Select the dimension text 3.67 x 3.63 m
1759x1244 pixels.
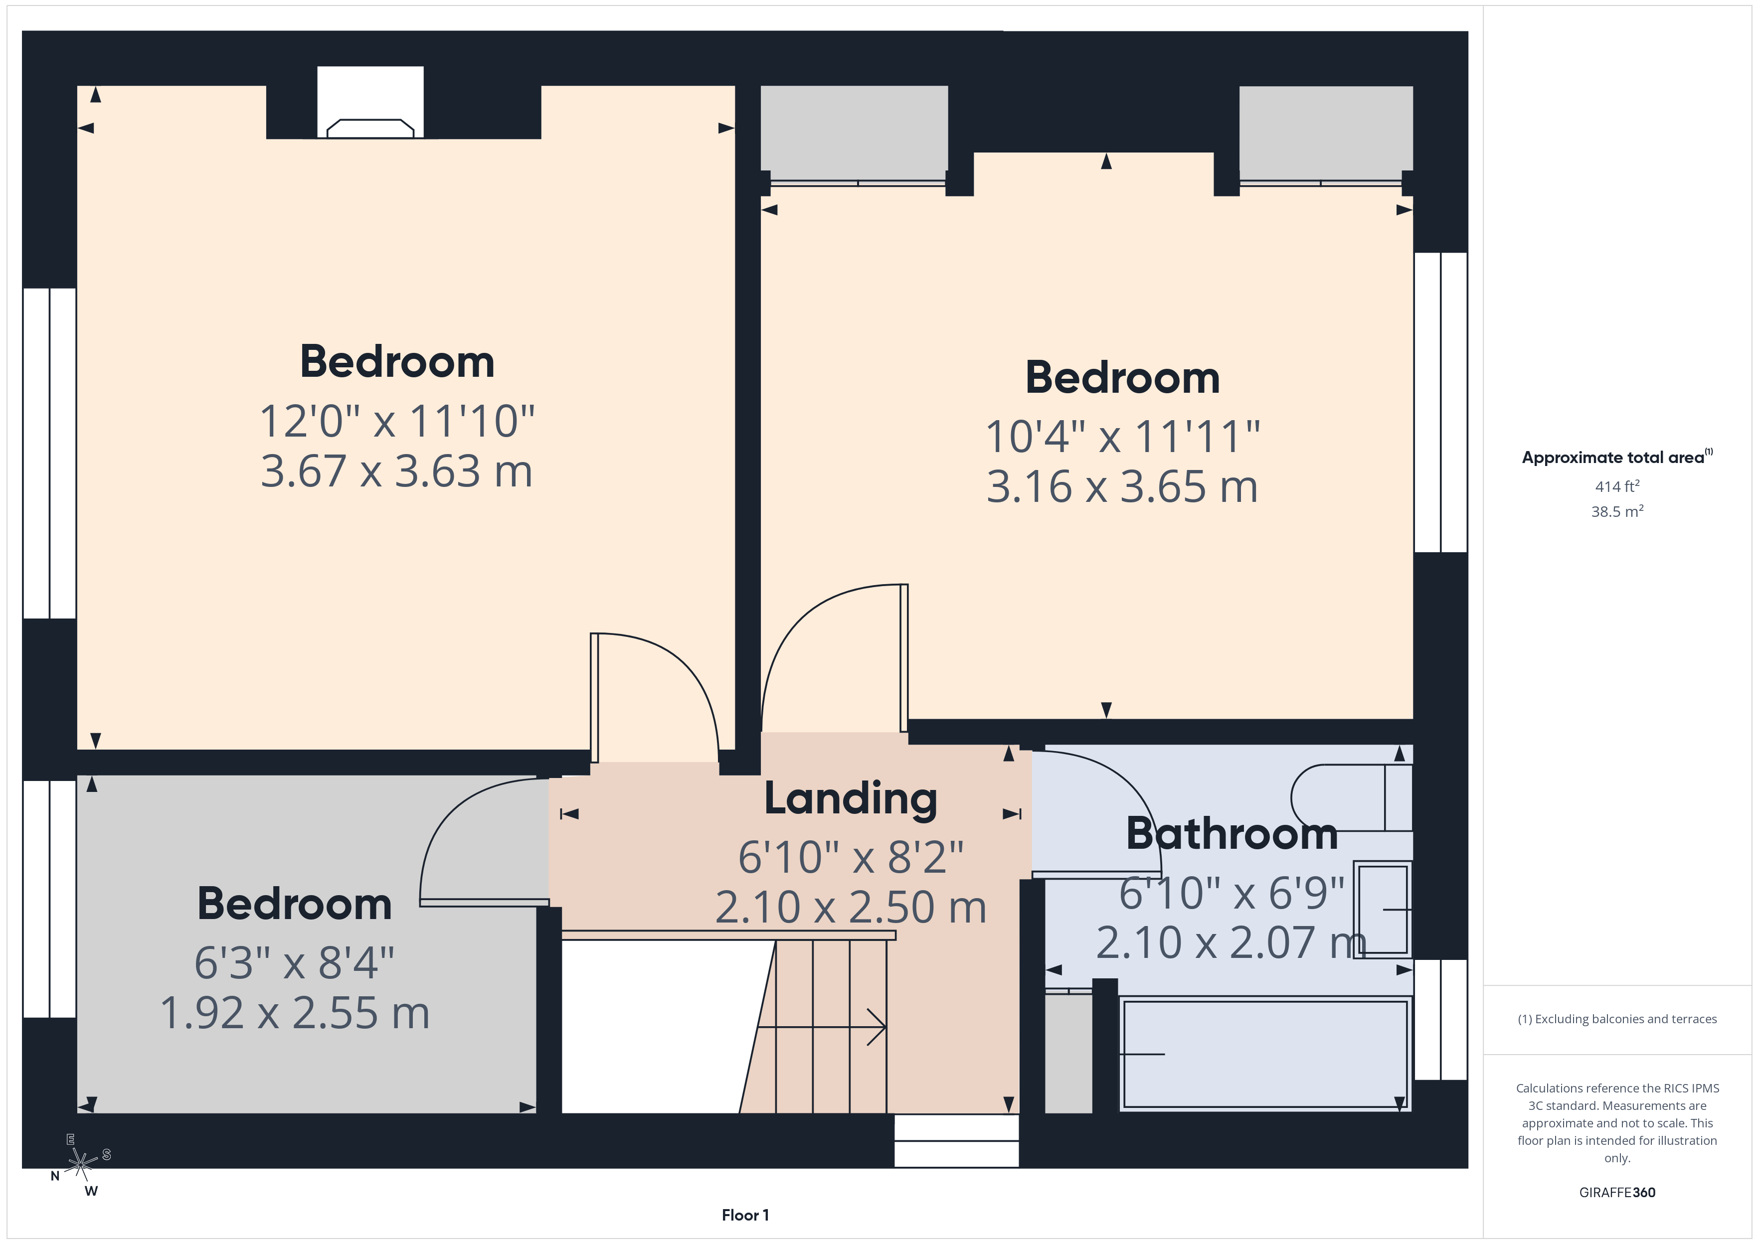click(x=396, y=471)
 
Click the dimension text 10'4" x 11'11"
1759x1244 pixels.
click(x=1122, y=437)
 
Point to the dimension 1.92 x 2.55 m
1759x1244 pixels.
click(x=294, y=1013)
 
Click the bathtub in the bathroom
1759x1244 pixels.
click(x=1264, y=1053)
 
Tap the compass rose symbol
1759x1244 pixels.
click(x=80, y=1164)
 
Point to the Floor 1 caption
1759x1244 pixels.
click(x=745, y=1215)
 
